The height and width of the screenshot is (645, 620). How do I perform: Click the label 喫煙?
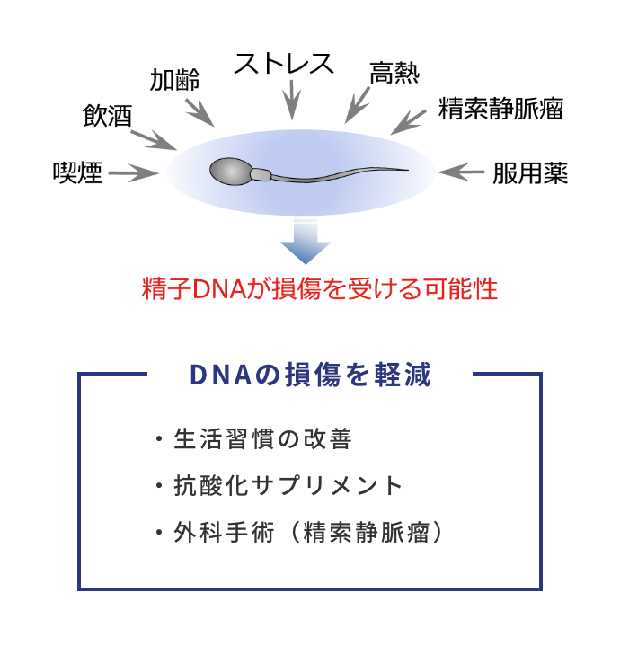(x=77, y=172)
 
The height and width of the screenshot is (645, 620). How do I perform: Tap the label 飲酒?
(x=108, y=116)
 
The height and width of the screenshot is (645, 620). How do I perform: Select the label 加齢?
(x=175, y=79)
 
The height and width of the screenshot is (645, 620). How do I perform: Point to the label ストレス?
(x=284, y=64)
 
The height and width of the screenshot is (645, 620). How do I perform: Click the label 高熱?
(x=394, y=74)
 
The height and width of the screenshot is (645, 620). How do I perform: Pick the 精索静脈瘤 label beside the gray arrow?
(x=500, y=109)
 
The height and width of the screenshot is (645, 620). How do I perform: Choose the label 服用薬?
(x=530, y=172)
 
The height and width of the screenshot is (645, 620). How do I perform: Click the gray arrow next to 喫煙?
(x=134, y=173)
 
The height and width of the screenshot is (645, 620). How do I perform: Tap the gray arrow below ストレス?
(x=292, y=100)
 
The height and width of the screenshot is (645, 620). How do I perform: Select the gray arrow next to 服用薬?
(x=462, y=172)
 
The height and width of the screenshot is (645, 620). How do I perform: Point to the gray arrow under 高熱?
(x=357, y=105)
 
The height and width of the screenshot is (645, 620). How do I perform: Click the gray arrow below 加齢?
(x=199, y=112)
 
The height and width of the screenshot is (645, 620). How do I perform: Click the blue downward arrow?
(x=306, y=242)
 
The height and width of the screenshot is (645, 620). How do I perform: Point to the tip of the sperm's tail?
(x=408, y=170)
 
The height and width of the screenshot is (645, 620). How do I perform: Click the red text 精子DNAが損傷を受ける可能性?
(x=320, y=288)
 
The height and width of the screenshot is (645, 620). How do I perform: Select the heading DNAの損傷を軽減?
(x=310, y=375)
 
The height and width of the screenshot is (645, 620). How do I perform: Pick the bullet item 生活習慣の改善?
(x=263, y=439)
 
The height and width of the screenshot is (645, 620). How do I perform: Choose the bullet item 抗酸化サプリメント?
(x=288, y=485)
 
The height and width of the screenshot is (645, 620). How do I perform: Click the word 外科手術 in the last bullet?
(x=224, y=533)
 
